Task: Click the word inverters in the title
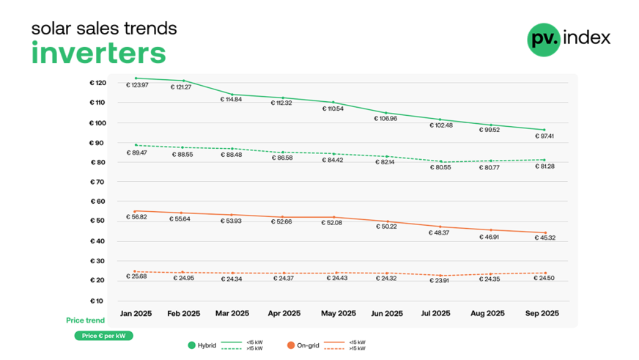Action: click(x=98, y=54)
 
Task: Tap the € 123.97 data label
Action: click(x=137, y=85)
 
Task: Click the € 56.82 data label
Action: click(x=137, y=217)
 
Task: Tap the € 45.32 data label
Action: click(x=542, y=238)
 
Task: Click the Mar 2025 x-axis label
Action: click(x=232, y=313)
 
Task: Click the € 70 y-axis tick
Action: click(x=97, y=182)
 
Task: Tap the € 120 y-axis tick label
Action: click(x=97, y=83)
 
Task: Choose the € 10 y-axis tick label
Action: click(x=97, y=301)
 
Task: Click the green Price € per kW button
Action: click(x=103, y=336)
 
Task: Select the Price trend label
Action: click(x=85, y=320)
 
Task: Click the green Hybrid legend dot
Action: click(x=192, y=345)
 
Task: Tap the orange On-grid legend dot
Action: click(x=291, y=345)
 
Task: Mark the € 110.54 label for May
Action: click(x=333, y=109)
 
